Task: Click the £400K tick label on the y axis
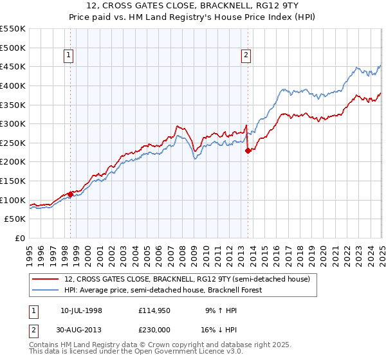pyautogui.click(x=13, y=85)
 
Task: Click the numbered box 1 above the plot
pyautogui.click(x=69, y=56)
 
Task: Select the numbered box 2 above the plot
pyautogui.click(x=246, y=56)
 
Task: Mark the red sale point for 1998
pyautogui.click(x=70, y=194)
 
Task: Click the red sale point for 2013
pyautogui.click(x=248, y=150)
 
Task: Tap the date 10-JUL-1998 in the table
pyautogui.click(x=81, y=310)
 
